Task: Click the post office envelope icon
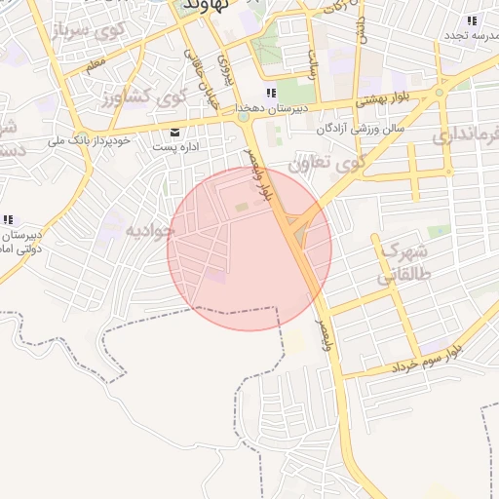tap(174, 132)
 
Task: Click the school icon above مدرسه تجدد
tap(472, 20)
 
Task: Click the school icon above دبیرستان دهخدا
tap(271, 94)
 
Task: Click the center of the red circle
tap(249, 249)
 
